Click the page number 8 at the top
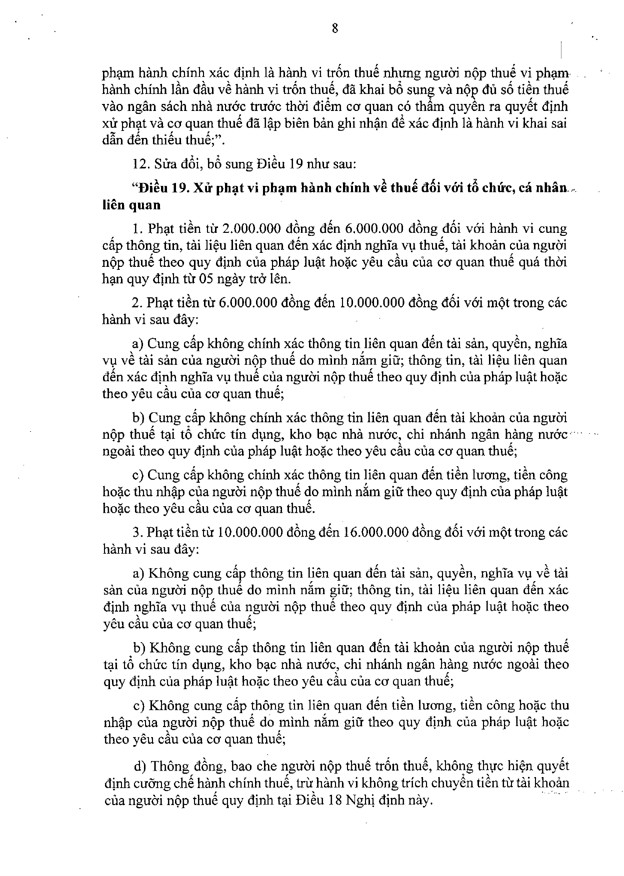[x=335, y=28]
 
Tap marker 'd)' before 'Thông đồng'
[x=140, y=767]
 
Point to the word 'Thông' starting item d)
[x=170, y=767]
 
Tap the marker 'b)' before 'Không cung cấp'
[x=139, y=648]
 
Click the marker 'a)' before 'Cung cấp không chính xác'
[x=137, y=344]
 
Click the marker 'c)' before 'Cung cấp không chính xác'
[x=138, y=475]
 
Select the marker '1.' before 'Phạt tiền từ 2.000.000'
[x=137, y=229]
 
